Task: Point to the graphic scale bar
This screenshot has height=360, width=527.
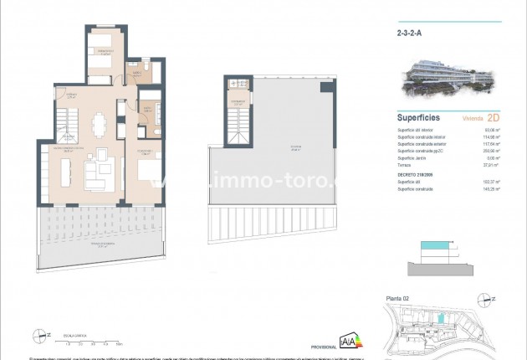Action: pyautogui.click(x=90, y=340)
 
